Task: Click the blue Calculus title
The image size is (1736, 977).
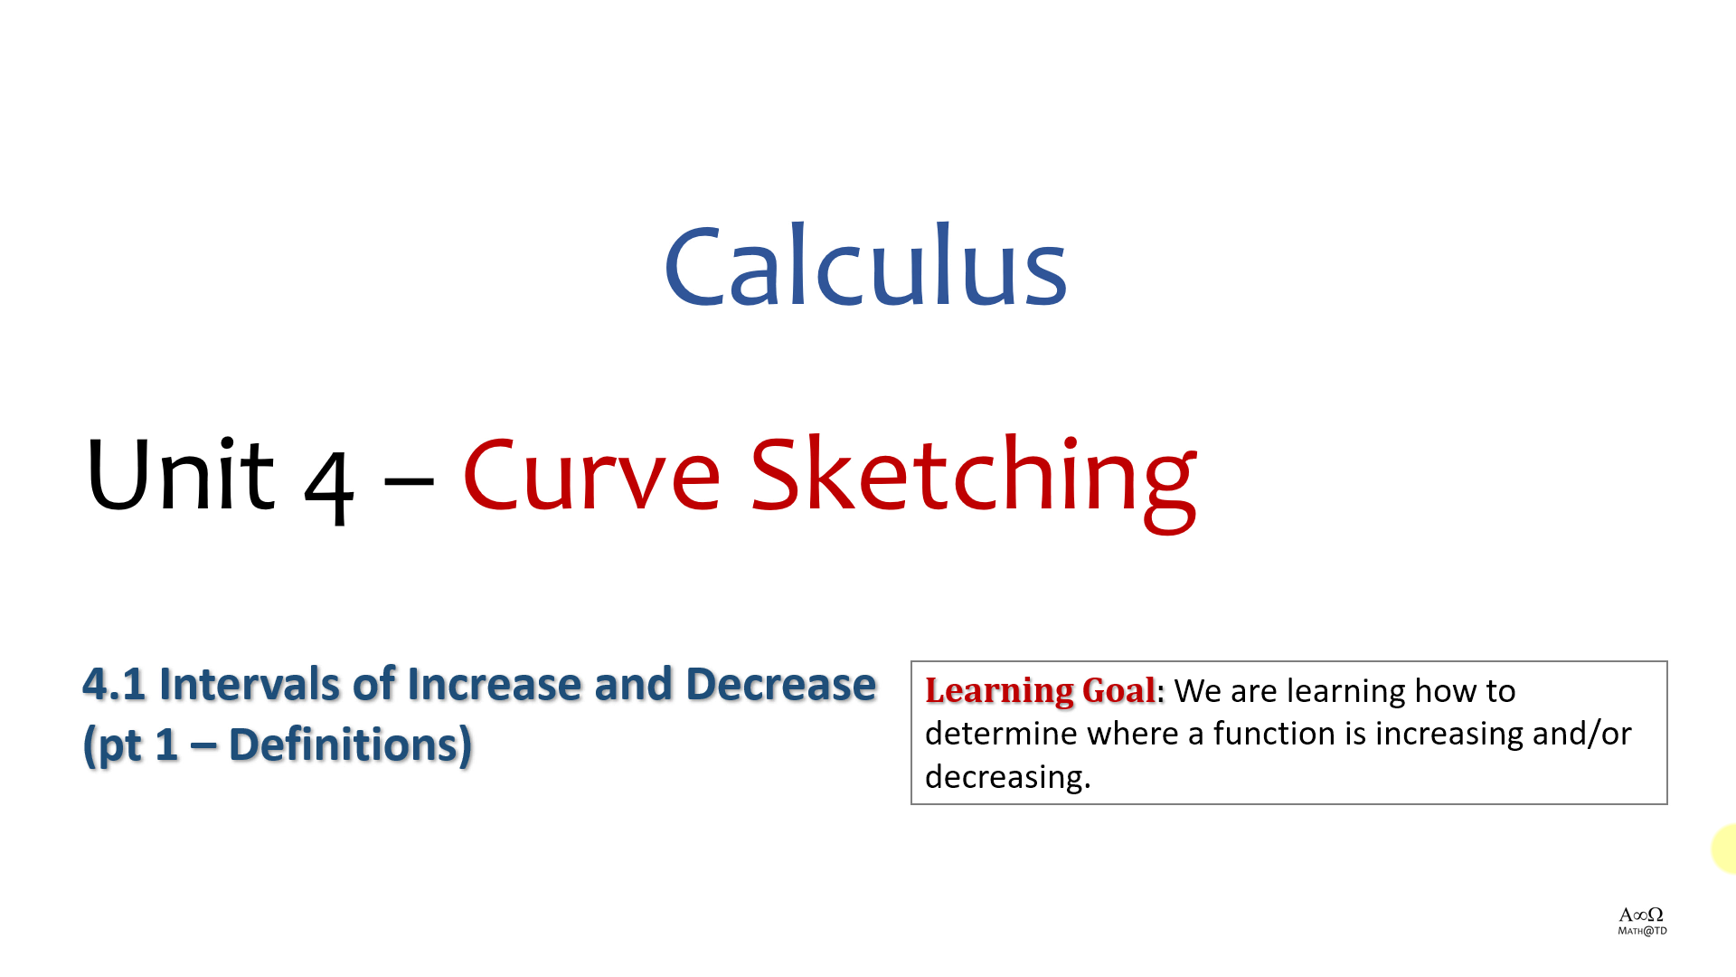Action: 866,265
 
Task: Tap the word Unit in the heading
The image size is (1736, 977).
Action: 180,473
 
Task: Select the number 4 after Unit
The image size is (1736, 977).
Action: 328,486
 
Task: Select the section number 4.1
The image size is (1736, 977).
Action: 114,684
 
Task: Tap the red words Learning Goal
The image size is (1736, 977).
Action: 1041,691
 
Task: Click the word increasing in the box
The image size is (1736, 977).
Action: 1448,735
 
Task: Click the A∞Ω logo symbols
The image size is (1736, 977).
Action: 1641,915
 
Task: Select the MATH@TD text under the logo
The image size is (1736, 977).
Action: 1642,931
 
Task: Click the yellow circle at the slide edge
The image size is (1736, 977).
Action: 1725,849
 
